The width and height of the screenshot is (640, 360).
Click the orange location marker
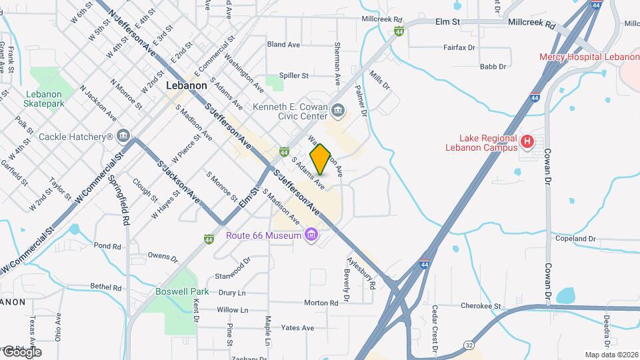[321, 159]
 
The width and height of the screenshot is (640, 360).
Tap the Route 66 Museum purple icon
[311, 235]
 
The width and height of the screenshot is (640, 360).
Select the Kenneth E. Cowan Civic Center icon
[338, 109]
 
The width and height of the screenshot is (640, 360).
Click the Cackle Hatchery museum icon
[123, 137]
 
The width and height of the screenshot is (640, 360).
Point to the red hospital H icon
[527, 141]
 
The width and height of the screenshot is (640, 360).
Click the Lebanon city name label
[186, 86]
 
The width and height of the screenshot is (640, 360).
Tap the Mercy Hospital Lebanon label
[589, 57]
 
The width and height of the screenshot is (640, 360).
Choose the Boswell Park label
[182, 291]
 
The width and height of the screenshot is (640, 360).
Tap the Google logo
[21, 351]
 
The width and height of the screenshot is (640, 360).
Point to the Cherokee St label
[481, 306]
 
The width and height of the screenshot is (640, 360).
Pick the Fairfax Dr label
[459, 48]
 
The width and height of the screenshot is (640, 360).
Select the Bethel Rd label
[107, 287]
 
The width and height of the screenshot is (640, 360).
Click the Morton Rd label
[321, 303]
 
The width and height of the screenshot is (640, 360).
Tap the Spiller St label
[294, 76]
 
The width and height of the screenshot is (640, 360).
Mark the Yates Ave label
[297, 328]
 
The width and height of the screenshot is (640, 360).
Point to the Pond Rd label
[107, 246]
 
